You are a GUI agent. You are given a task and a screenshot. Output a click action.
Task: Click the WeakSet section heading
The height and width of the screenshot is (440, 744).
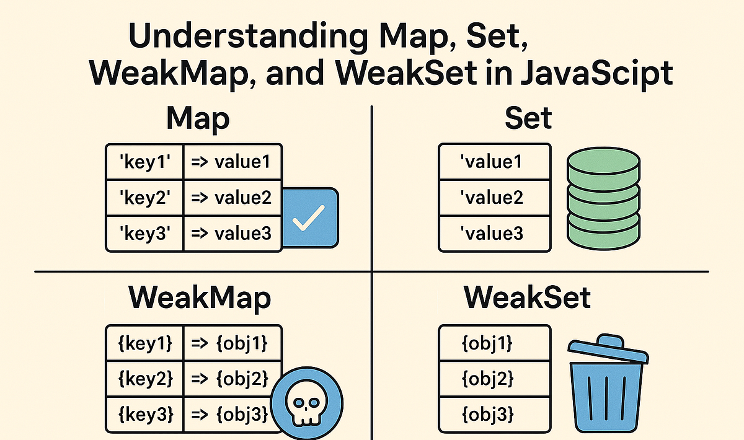[527, 298]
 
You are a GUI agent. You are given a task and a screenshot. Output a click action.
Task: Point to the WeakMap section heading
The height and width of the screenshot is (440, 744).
[200, 298]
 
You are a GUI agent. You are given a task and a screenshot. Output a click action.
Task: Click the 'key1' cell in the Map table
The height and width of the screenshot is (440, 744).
[144, 162]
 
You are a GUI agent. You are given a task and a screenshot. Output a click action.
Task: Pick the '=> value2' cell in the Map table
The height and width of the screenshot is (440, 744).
[233, 198]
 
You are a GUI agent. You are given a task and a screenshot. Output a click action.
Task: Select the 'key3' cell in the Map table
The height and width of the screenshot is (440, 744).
[144, 234]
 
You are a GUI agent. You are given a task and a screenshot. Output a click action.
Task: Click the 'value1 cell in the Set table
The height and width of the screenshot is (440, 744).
[494, 162]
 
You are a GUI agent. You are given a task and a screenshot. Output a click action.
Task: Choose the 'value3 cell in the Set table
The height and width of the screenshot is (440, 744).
[494, 234]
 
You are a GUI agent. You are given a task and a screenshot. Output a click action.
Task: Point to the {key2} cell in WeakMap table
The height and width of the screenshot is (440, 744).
[144, 377]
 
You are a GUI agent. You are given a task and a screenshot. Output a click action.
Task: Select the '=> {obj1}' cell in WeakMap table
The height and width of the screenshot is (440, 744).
[233, 342]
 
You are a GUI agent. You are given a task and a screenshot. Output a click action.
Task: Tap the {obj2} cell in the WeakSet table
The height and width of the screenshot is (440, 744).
[494, 377]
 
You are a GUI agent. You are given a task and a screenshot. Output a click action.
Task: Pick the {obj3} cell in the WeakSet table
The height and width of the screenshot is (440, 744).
[494, 413]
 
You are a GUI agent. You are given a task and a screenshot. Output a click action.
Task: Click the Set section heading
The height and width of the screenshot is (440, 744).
[528, 118]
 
